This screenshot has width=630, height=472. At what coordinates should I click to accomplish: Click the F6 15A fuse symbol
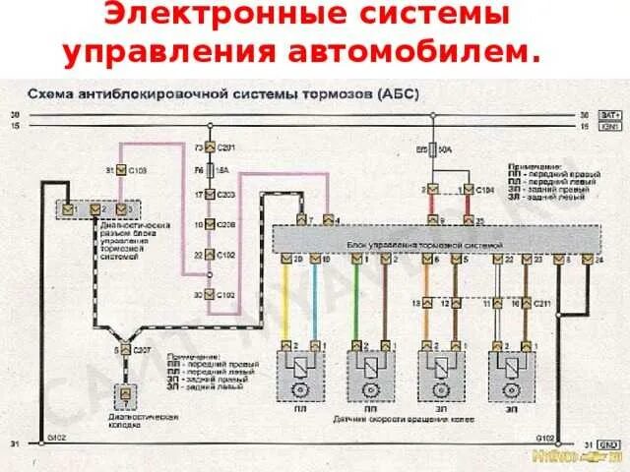tap(210, 169)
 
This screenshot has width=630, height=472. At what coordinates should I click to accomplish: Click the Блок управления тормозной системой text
tap(425, 241)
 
